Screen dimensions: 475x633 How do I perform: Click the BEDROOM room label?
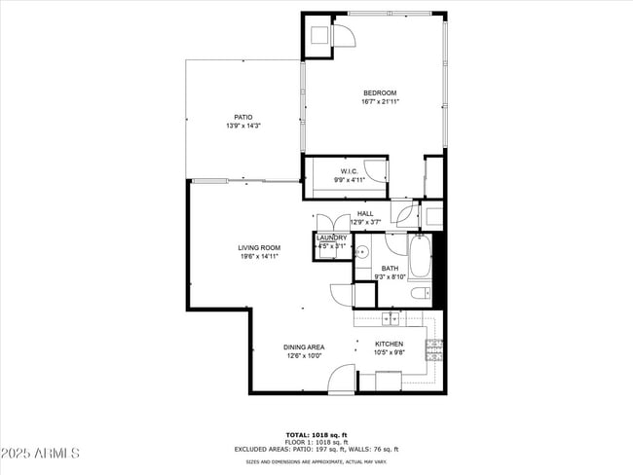point(379,93)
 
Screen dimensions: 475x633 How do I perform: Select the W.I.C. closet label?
point(349,171)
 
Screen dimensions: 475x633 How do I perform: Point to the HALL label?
point(365,213)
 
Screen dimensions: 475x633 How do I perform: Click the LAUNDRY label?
point(331,237)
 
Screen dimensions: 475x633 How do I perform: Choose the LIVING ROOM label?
point(259,248)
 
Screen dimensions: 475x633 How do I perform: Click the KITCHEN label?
point(390,344)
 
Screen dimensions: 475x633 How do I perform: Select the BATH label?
point(390,269)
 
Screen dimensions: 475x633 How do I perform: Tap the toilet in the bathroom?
point(419,293)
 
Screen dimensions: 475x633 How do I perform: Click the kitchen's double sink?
point(390,318)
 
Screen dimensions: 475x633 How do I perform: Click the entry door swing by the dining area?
point(341,379)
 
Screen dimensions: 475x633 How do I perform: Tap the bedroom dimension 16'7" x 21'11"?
point(380,101)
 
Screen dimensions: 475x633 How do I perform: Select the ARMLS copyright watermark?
point(41,454)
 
